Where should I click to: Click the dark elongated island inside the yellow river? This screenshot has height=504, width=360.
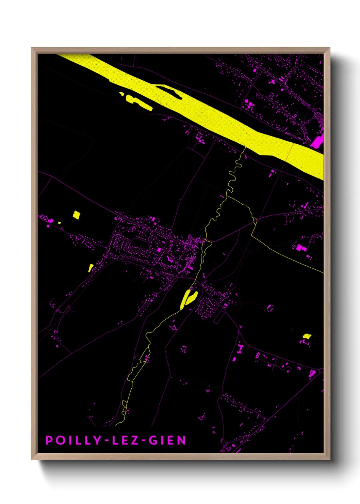click(x=169, y=91)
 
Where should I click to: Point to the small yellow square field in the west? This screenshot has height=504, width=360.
click(x=77, y=215)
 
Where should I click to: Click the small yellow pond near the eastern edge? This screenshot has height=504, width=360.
click(x=307, y=336)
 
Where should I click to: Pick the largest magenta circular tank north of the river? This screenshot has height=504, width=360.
click(x=251, y=104)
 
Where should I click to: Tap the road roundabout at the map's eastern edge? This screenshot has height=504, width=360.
click(x=321, y=370)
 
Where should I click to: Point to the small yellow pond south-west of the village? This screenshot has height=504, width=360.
click(x=91, y=267)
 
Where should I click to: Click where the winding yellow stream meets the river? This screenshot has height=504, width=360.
click(x=245, y=148)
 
